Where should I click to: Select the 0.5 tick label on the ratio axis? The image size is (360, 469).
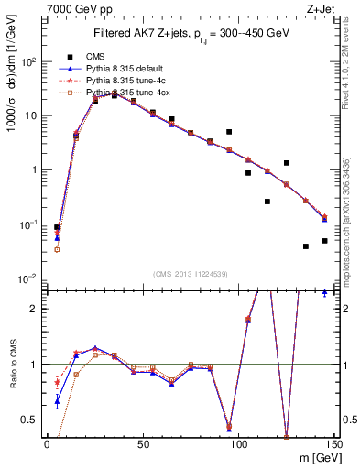point(30,420)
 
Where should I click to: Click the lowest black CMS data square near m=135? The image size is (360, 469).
point(306,246)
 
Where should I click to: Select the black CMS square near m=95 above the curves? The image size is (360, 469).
point(229,132)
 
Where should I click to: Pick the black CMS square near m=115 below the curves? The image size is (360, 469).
point(267,202)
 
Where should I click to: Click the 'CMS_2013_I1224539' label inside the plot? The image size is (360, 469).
point(190,272)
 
